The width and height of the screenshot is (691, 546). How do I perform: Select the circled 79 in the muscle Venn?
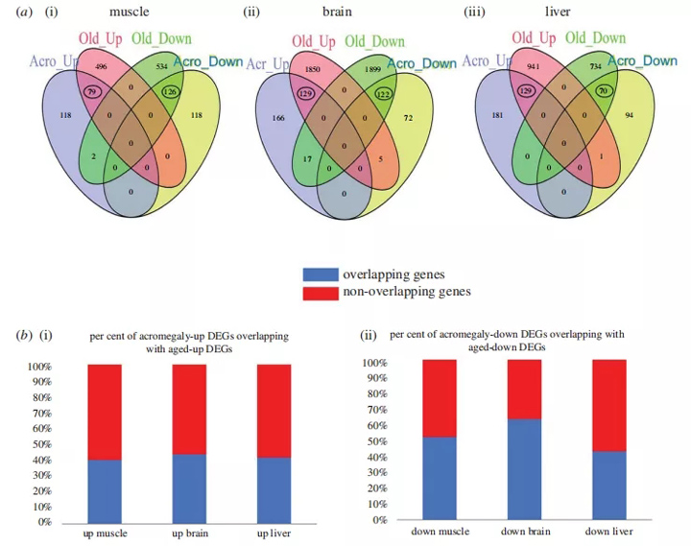click(92, 93)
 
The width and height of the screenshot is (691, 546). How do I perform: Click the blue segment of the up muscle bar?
click(105, 490)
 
